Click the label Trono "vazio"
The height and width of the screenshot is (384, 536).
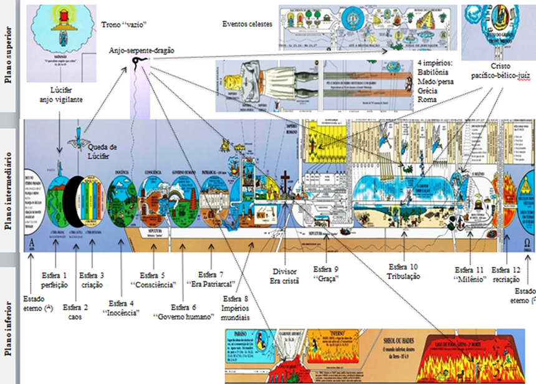click(123, 26)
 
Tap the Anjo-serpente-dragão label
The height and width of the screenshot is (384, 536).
click(141, 49)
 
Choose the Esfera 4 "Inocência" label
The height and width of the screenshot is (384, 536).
click(120, 309)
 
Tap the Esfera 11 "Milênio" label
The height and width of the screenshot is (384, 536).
click(469, 277)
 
